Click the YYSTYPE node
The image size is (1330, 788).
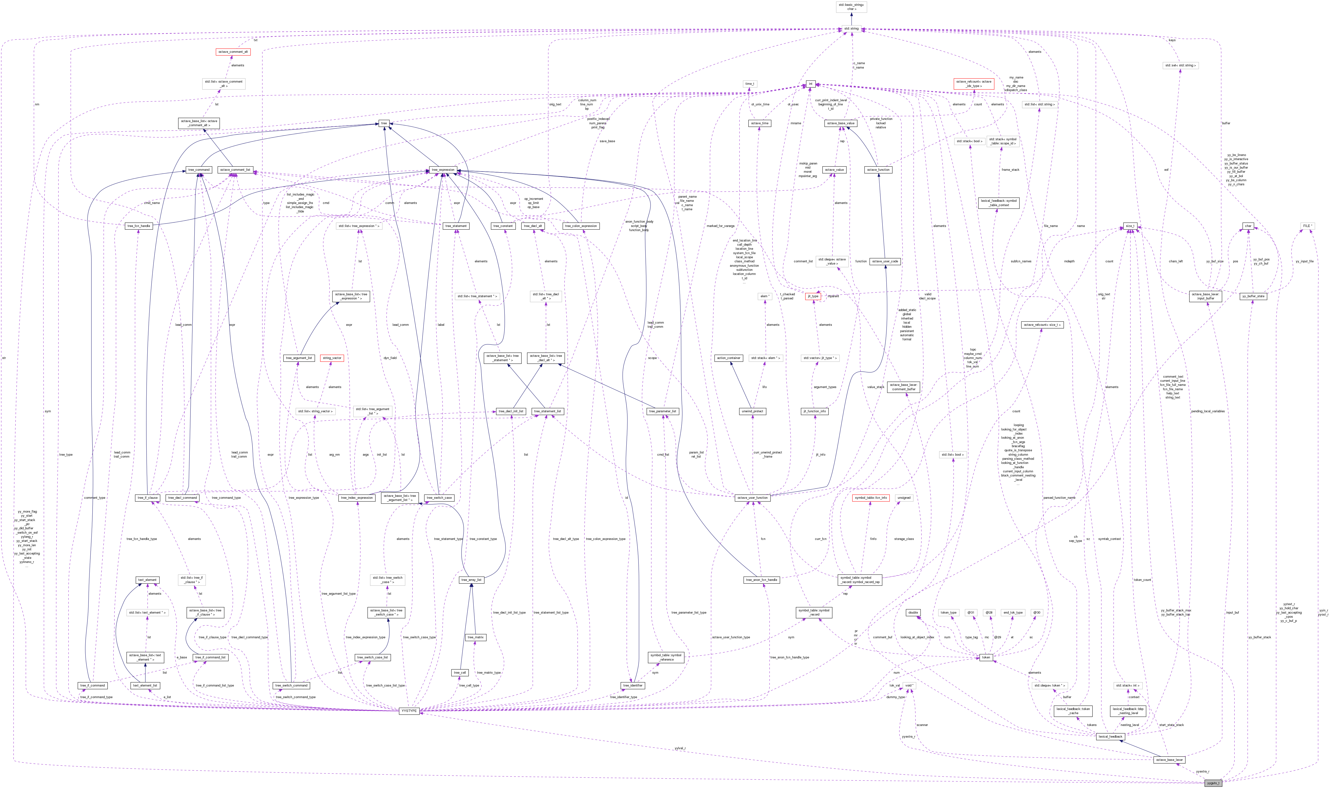409,711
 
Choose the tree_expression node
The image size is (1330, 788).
443,170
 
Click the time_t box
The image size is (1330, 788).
749,84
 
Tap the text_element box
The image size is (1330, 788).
147,580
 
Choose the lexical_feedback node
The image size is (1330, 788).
1110,736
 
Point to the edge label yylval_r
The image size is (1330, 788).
680,748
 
